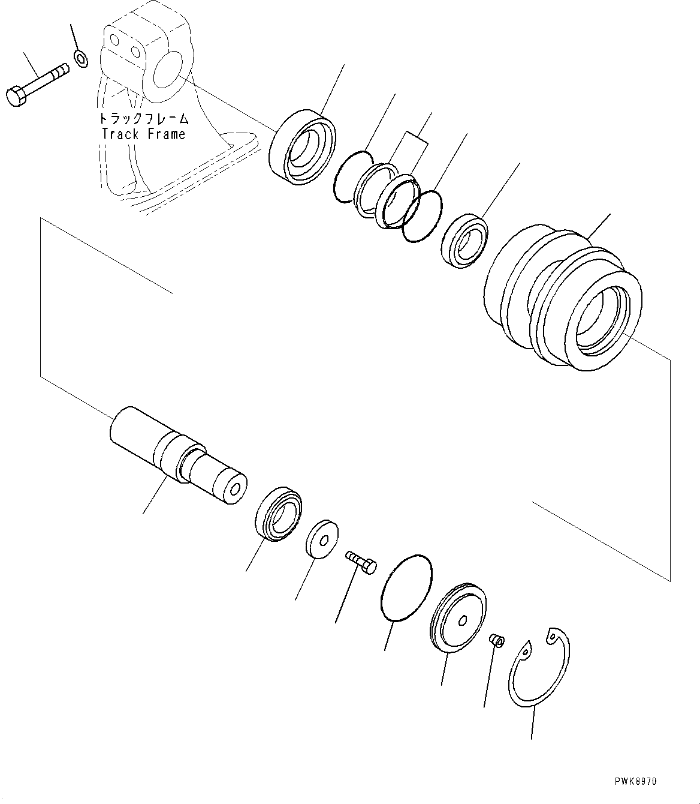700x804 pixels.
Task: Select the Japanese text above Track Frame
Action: [144, 119]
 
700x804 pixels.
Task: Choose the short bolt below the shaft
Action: [361, 562]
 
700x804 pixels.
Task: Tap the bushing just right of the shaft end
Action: [278, 513]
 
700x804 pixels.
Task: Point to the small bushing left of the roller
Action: [466, 241]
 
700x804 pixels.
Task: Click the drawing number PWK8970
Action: [635, 781]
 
